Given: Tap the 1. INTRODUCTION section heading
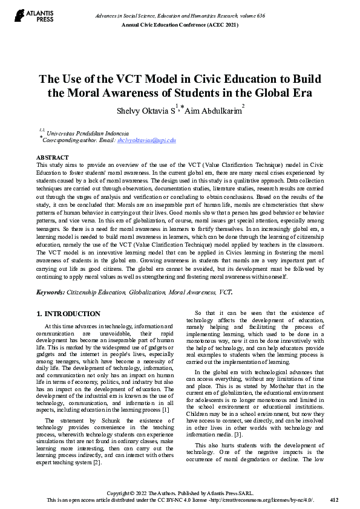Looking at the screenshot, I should click(68, 314).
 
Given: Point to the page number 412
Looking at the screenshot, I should click(334, 501).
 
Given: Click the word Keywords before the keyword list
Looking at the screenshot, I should click(50, 291).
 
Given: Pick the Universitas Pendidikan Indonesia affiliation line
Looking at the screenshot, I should click(91, 132).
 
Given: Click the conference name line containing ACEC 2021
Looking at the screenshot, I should click(180, 24).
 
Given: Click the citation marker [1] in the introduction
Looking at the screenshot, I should click(165, 427).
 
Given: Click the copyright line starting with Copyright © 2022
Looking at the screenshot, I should click(180, 493).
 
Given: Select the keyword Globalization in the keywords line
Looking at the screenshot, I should click(147, 291).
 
